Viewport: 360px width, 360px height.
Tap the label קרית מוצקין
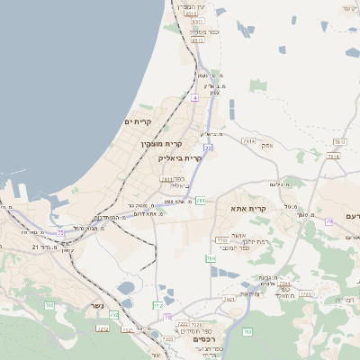pos(162,143)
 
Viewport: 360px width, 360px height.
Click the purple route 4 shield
pos(194,96)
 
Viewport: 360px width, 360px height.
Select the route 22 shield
pos(207,147)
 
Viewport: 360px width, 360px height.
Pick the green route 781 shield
pos(201,201)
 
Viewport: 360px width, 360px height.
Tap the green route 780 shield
pos(211,258)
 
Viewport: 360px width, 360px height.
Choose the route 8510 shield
pos(190,13)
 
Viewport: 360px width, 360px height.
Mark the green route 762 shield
pos(49,306)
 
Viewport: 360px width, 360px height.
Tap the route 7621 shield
pos(229,298)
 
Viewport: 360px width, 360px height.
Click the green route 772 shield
pos(157,306)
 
